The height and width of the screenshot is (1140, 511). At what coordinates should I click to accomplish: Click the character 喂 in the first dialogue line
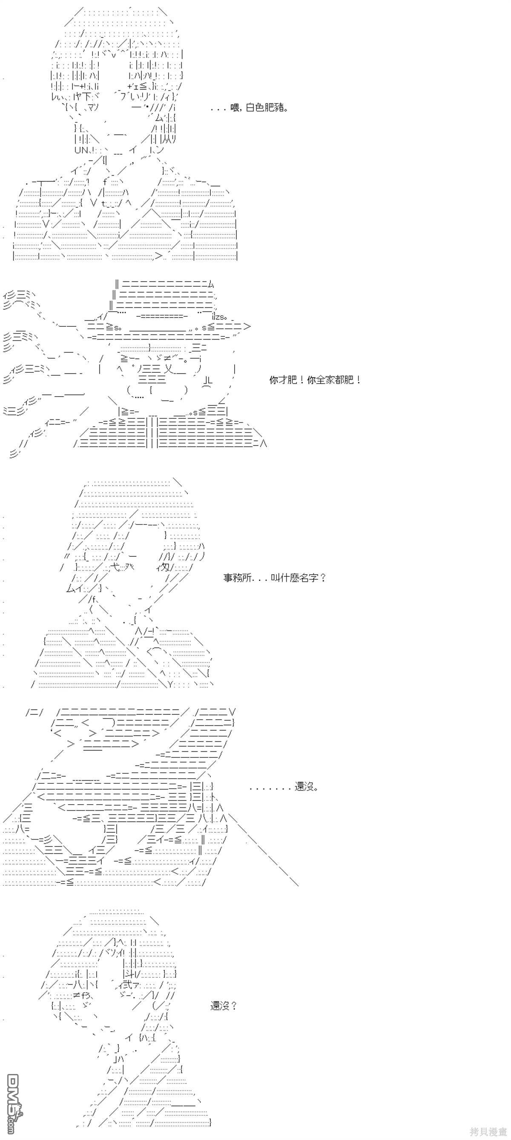coord(235,107)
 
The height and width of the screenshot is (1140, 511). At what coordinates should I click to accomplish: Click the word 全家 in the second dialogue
coord(325,380)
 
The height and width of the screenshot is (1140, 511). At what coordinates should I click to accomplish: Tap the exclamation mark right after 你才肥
coord(302,380)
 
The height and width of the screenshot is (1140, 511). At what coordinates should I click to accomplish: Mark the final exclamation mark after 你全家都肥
coord(358,380)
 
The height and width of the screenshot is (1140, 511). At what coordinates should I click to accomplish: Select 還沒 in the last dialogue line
coord(220,993)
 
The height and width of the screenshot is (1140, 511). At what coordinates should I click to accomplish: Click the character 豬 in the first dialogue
coord(280,107)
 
